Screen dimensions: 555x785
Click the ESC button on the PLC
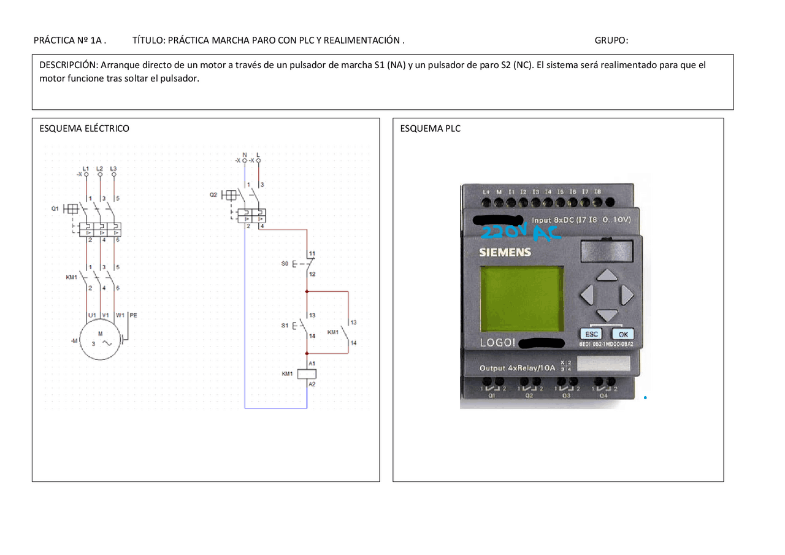point(591,334)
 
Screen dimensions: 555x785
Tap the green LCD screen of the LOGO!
point(521,299)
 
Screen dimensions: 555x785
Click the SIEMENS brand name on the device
point(505,252)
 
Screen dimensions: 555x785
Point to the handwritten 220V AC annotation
point(521,233)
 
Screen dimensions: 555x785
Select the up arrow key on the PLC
point(606,275)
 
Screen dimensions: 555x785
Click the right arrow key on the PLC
point(626,295)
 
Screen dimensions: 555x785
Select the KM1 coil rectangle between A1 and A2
point(307,373)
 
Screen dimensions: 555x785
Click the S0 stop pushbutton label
point(285,263)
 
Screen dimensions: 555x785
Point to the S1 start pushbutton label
point(285,326)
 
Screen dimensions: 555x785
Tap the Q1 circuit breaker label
point(55,209)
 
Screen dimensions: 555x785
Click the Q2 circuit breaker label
point(213,194)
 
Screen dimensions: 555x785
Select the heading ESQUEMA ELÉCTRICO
point(84,129)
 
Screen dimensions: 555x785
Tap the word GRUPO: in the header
point(611,41)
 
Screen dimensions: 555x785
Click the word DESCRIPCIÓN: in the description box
point(68,65)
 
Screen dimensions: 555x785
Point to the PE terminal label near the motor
point(133,315)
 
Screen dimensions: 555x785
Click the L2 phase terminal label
point(99,168)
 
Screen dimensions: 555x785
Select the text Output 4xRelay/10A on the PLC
point(516,368)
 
